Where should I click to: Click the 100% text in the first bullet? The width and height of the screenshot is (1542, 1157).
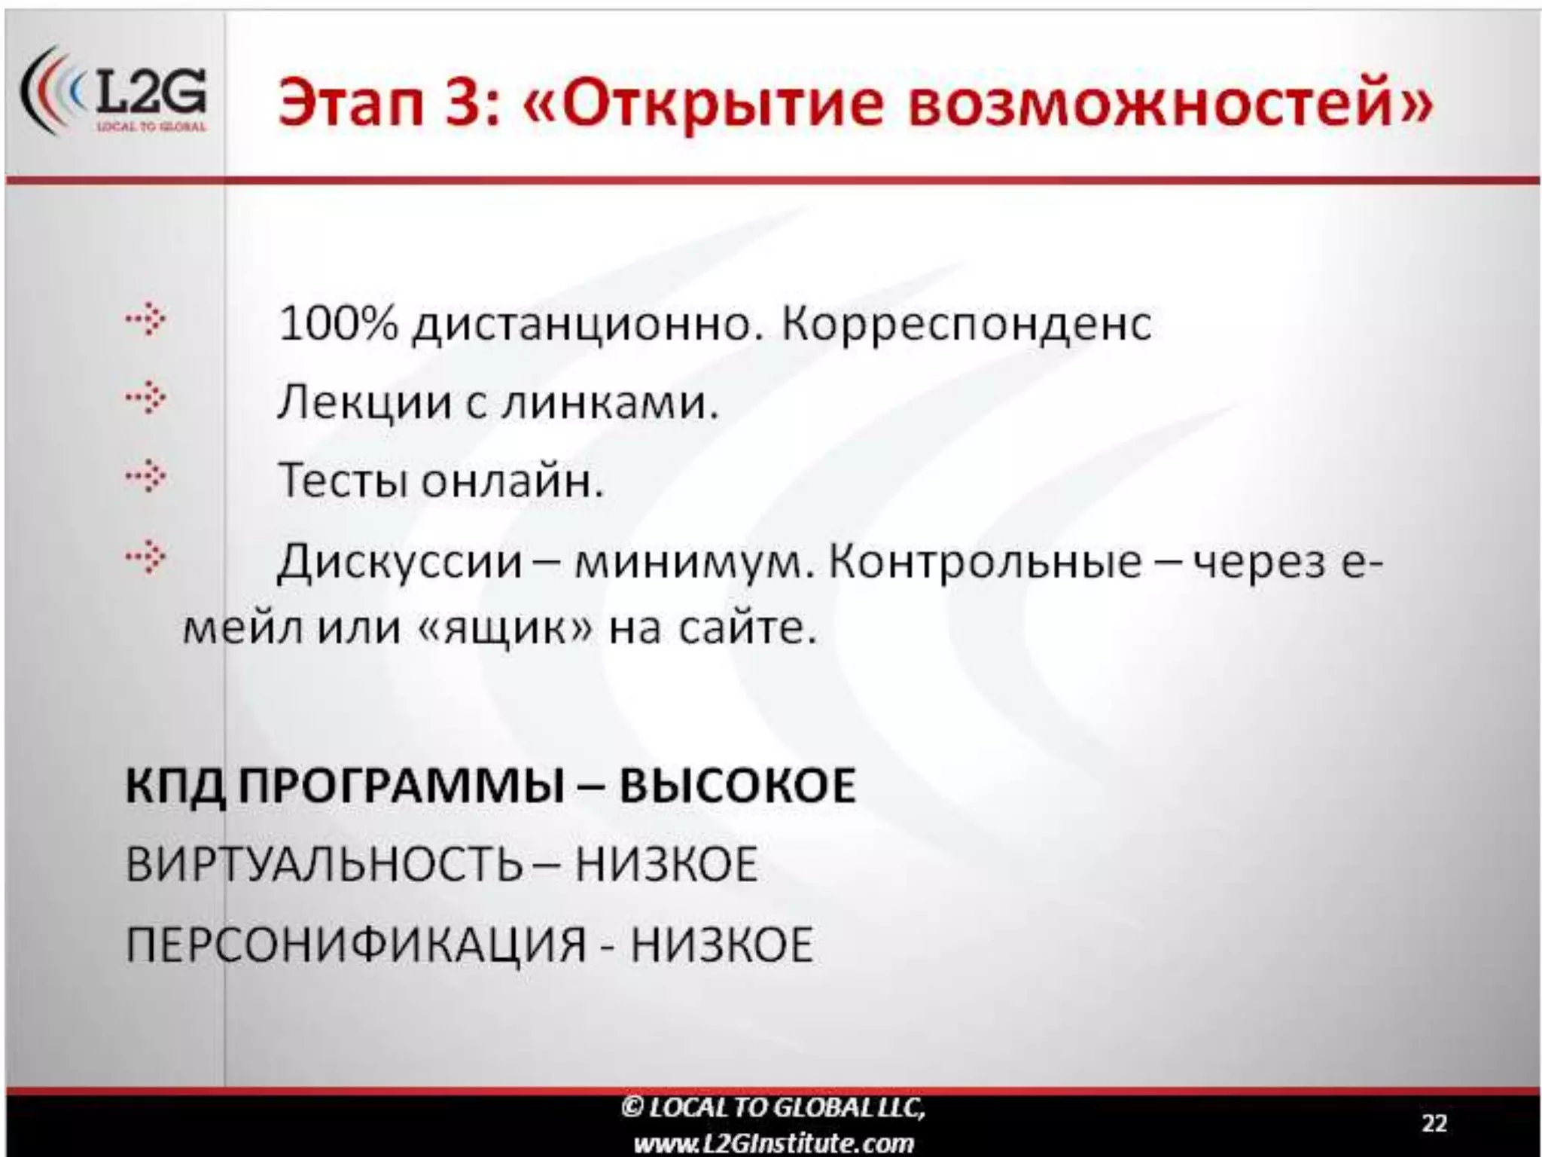coord(337,324)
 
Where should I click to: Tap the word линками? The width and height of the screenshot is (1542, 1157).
coord(609,403)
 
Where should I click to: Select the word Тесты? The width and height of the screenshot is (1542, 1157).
coord(343,481)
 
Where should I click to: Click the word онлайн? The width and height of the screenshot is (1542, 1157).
coord(512,481)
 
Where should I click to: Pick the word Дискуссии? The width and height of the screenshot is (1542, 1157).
coord(399,562)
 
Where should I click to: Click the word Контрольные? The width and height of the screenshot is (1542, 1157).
coord(985,562)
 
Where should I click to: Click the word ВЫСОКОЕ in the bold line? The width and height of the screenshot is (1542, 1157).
coord(737,786)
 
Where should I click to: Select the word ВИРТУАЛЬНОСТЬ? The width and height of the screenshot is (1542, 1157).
coord(324,864)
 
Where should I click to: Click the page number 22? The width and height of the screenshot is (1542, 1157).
coord(1434,1123)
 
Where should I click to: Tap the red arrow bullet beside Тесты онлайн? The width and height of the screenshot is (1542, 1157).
coord(146,476)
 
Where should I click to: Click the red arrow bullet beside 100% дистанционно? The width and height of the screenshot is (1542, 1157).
coord(146,320)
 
